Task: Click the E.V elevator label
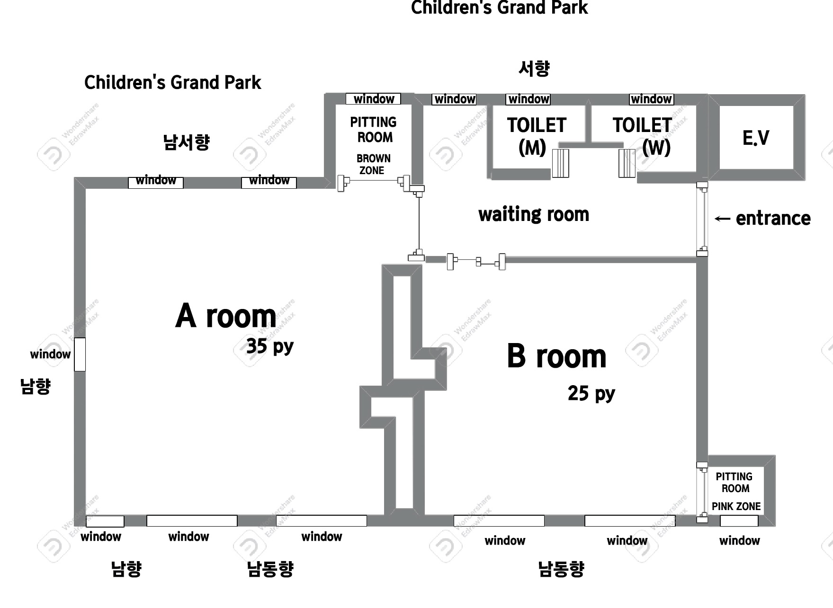tap(756, 138)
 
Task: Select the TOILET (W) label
tap(643, 136)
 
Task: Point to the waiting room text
tap(534, 214)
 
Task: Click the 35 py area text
tap(270, 346)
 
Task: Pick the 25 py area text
tap(591, 393)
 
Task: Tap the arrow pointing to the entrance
tap(722, 219)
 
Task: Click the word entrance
tap(773, 218)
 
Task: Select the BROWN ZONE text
tap(374, 164)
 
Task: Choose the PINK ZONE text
tap(736, 506)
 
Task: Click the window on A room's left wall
tap(80, 354)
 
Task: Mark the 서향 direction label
tap(534, 69)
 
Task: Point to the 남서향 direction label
tap(186, 142)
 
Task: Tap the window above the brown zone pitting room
tap(373, 99)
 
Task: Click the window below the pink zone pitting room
tap(739, 521)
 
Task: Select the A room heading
tap(226, 316)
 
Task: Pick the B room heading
tap(556, 356)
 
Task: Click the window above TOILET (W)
tap(651, 99)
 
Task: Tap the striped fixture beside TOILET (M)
tap(560, 163)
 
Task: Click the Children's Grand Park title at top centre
tap(499, 8)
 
